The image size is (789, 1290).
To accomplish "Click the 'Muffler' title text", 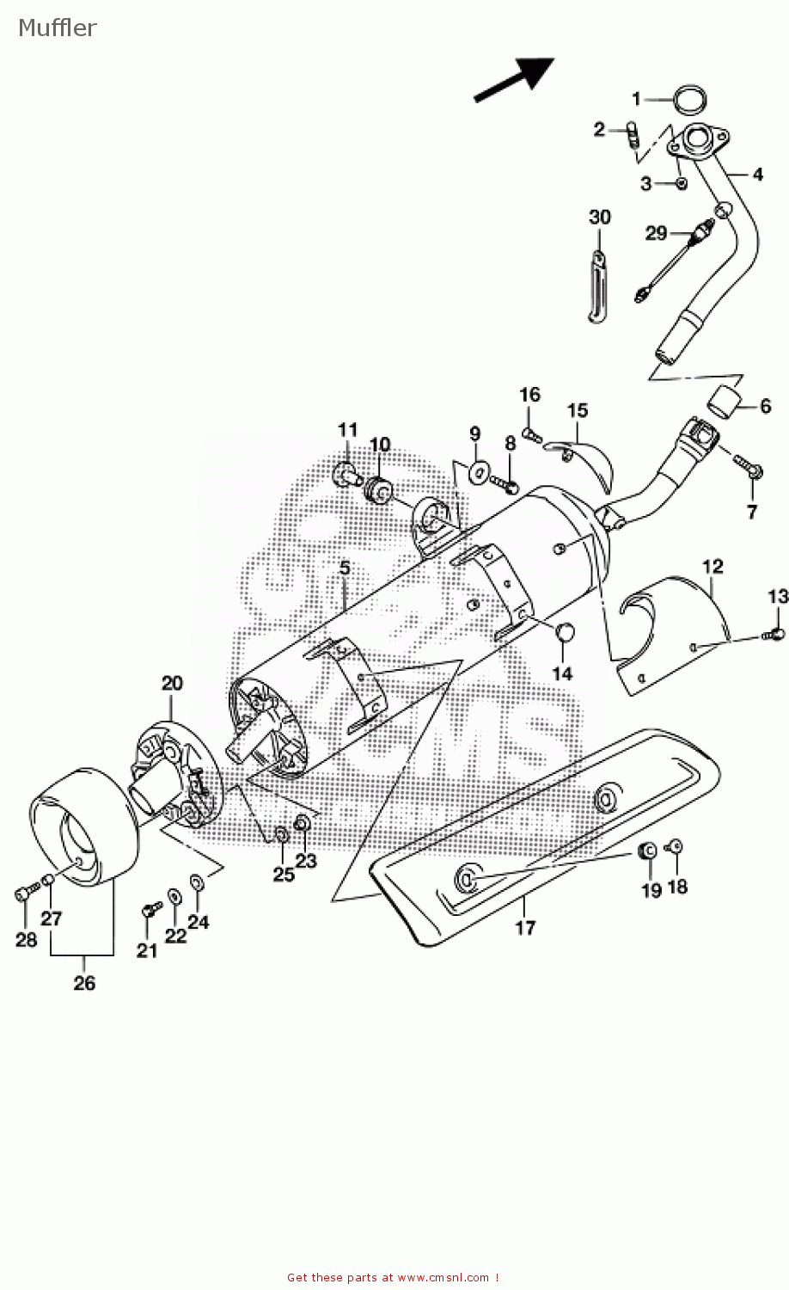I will pyautogui.click(x=57, y=28).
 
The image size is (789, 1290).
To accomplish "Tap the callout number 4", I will pyautogui.click(x=757, y=175).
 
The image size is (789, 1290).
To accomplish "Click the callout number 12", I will pyautogui.click(x=713, y=567).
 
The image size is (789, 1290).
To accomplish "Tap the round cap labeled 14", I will pyautogui.click(x=563, y=632).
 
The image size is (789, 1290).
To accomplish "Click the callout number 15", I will pyautogui.click(x=578, y=411).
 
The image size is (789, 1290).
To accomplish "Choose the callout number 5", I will pyautogui.click(x=344, y=568).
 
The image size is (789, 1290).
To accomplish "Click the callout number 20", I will pyautogui.click(x=172, y=684).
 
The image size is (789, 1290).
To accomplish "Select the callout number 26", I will pyautogui.click(x=84, y=983).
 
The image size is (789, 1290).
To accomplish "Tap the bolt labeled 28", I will pyautogui.click(x=23, y=894).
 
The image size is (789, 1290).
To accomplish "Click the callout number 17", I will pyautogui.click(x=525, y=927).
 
